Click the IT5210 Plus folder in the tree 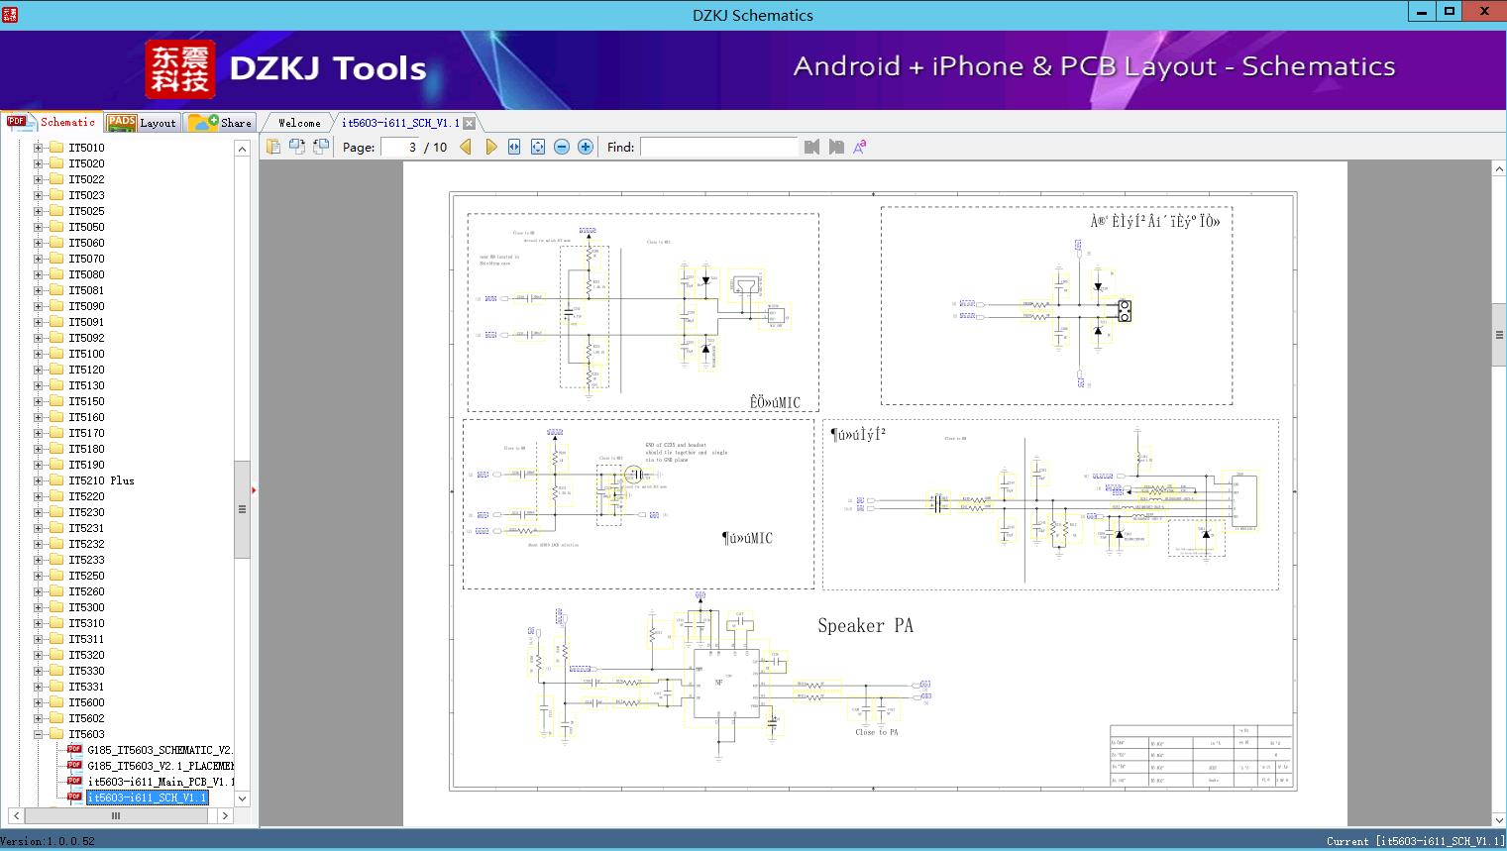(101, 480)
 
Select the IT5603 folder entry (86, 734)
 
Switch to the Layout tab (144, 123)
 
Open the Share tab (222, 123)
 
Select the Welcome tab (299, 123)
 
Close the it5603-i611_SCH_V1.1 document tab (470, 123)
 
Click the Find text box (718, 147)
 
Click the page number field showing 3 (400, 147)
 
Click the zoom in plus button (586, 147)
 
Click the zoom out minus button (562, 147)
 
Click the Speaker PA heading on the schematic (865, 626)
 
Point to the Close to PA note (876, 732)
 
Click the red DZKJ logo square (179, 68)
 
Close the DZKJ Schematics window (1484, 12)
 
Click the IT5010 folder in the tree (86, 148)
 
